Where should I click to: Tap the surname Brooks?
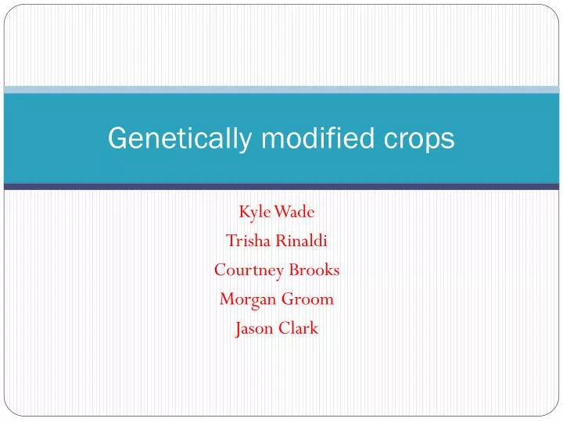[x=314, y=270]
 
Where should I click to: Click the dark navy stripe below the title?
[x=281, y=187]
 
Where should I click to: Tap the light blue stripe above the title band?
[x=281, y=90]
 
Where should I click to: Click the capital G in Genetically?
[x=116, y=138]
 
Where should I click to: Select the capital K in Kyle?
[x=243, y=212]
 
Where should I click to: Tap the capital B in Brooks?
[x=294, y=270]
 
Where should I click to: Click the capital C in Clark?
[x=283, y=328]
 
